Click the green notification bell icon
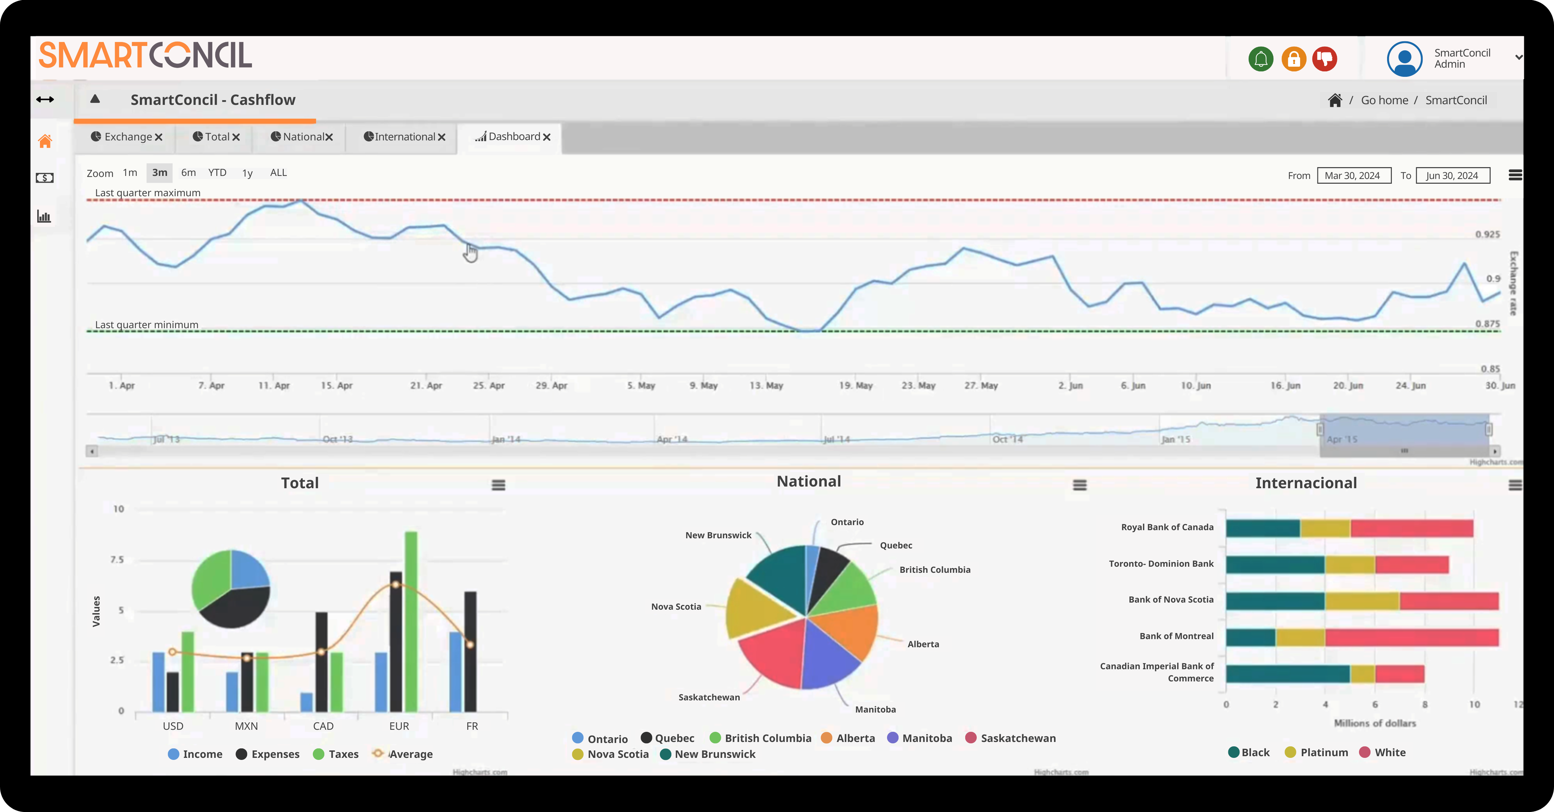click(x=1260, y=59)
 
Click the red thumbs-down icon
click(x=1325, y=59)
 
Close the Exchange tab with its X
click(x=159, y=137)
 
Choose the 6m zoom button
click(x=188, y=173)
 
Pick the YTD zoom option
click(x=217, y=173)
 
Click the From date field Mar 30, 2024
click(x=1353, y=175)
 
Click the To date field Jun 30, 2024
click(x=1452, y=175)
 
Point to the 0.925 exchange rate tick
click(x=1487, y=234)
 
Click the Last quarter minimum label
click(x=147, y=325)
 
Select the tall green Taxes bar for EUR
click(x=411, y=621)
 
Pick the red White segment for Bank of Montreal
click(x=1411, y=637)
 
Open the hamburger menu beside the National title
click(x=1080, y=485)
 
